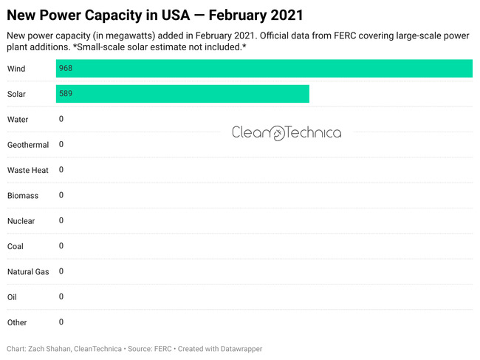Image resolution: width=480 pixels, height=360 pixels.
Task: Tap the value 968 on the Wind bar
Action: click(66, 69)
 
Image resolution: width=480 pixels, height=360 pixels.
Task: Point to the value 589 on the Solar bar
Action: click(66, 94)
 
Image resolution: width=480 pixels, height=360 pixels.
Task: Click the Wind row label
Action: click(16, 69)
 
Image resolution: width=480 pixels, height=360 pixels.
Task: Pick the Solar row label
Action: click(17, 94)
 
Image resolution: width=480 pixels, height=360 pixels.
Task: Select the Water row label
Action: click(18, 120)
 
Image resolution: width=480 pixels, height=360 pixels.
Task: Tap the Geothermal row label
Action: click(28, 145)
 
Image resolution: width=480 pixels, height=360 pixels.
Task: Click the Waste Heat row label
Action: click(28, 170)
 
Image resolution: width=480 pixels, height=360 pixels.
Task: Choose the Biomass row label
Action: click(23, 196)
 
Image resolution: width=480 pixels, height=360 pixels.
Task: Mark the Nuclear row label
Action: click(21, 221)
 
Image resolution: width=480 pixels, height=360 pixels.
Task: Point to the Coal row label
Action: click(16, 246)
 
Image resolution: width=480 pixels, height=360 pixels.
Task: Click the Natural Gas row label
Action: click(28, 272)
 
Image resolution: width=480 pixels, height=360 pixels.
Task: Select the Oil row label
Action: click(12, 297)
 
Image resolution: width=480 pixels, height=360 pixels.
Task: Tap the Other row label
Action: click(17, 322)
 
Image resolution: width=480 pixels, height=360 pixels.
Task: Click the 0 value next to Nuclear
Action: click(61, 220)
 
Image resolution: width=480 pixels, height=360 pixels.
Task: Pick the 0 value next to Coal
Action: click(61, 245)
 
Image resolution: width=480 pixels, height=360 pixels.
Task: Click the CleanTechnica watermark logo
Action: click(287, 133)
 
